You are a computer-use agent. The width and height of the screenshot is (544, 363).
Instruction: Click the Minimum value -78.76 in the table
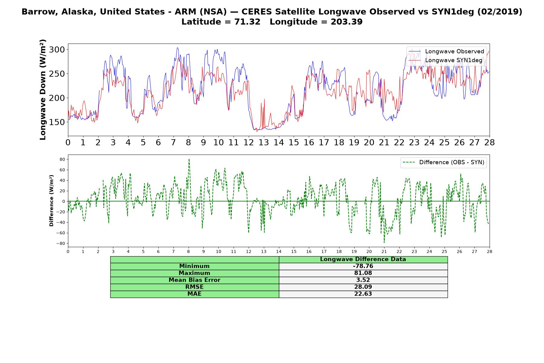tap(363, 266)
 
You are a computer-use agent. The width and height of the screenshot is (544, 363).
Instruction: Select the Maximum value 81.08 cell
tap(363, 273)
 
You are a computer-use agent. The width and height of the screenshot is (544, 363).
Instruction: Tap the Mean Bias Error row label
tap(195, 280)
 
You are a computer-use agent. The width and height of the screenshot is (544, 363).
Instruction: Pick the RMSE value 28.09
tap(363, 287)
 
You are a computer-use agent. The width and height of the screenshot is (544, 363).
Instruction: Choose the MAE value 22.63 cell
tap(363, 294)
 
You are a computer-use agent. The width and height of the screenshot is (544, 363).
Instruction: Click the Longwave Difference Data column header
tap(363, 259)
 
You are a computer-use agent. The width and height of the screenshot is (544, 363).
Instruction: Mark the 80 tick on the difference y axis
tap(63, 159)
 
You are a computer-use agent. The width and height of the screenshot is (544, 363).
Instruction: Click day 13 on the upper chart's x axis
tap(264, 142)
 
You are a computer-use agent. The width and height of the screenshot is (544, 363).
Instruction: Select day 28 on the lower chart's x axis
tap(490, 251)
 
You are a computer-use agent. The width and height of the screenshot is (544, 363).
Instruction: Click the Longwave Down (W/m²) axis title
tap(43, 90)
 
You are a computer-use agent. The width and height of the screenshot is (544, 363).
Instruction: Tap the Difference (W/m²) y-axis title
tap(51, 201)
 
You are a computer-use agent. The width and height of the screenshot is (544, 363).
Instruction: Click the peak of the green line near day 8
tap(189, 159)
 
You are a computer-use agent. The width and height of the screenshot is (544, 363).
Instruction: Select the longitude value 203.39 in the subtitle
tap(347, 22)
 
